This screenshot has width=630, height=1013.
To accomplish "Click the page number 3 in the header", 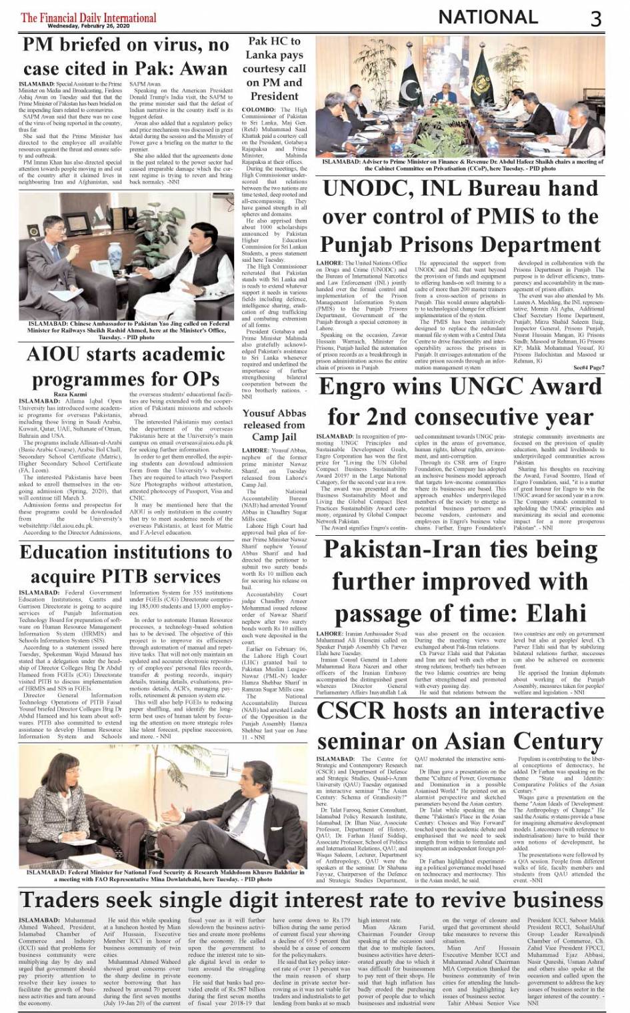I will [x=595, y=18].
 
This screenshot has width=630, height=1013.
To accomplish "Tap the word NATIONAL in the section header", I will [x=488, y=17].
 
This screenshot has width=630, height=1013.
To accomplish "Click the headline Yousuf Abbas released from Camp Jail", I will [x=274, y=425].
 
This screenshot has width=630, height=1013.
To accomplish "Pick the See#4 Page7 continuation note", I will [x=588, y=367].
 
